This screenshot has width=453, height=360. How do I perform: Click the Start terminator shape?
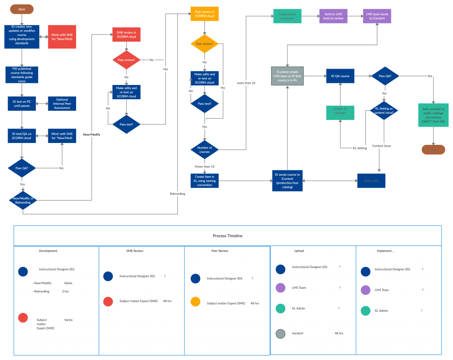click(22, 9)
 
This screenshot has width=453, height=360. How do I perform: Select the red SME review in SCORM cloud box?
click(126, 35)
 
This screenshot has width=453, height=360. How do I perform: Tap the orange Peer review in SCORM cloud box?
click(204, 14)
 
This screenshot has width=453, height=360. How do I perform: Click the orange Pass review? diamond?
click(204, 44)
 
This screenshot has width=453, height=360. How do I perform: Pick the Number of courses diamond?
click(204, 150)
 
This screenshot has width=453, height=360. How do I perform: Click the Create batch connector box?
click(288, 16)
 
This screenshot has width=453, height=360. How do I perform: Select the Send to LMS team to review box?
click(333, 16)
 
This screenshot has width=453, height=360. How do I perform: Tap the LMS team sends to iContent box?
click(376, 16)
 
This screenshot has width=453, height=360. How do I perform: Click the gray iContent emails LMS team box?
click(287, 76)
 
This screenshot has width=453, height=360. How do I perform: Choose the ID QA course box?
click(341, 76)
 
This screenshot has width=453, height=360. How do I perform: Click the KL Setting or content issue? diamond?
click(384, 111)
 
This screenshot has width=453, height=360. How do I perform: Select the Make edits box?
click(371, 181)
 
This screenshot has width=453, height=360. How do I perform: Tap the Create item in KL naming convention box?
click(204, 180)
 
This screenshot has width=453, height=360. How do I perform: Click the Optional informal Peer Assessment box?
click(62, 104)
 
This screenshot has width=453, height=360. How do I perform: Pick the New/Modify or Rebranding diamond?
click(23, 200)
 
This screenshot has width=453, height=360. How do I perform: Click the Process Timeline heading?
click(227, 236)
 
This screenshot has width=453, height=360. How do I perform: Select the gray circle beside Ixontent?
click(280, 333)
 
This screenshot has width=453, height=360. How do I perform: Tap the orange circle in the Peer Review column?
click(196, 302)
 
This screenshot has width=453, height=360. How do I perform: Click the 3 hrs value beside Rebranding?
click(65, 291)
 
